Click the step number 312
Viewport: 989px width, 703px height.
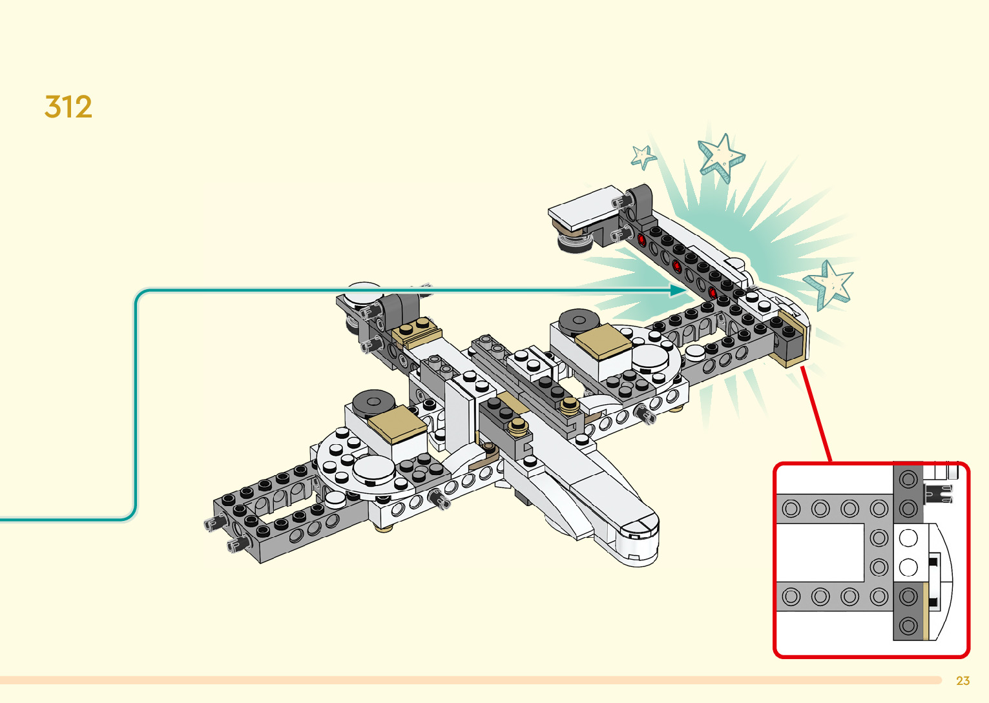point(68,107)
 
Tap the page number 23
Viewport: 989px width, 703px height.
point(963,680)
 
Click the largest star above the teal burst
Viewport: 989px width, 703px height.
point(721,157)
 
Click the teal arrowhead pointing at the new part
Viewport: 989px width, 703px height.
point(678,290)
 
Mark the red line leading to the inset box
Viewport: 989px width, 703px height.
point(817,414)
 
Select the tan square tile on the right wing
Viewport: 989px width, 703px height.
point(603,341)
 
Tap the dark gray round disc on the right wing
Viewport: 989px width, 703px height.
point(579,321)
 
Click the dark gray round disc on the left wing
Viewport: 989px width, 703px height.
point(373,402)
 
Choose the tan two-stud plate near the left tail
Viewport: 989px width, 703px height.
point(417,330)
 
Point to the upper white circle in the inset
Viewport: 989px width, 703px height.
point(908,538)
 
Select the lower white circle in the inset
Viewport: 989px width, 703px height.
point(908,567)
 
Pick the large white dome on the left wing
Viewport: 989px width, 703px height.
point(373,471)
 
